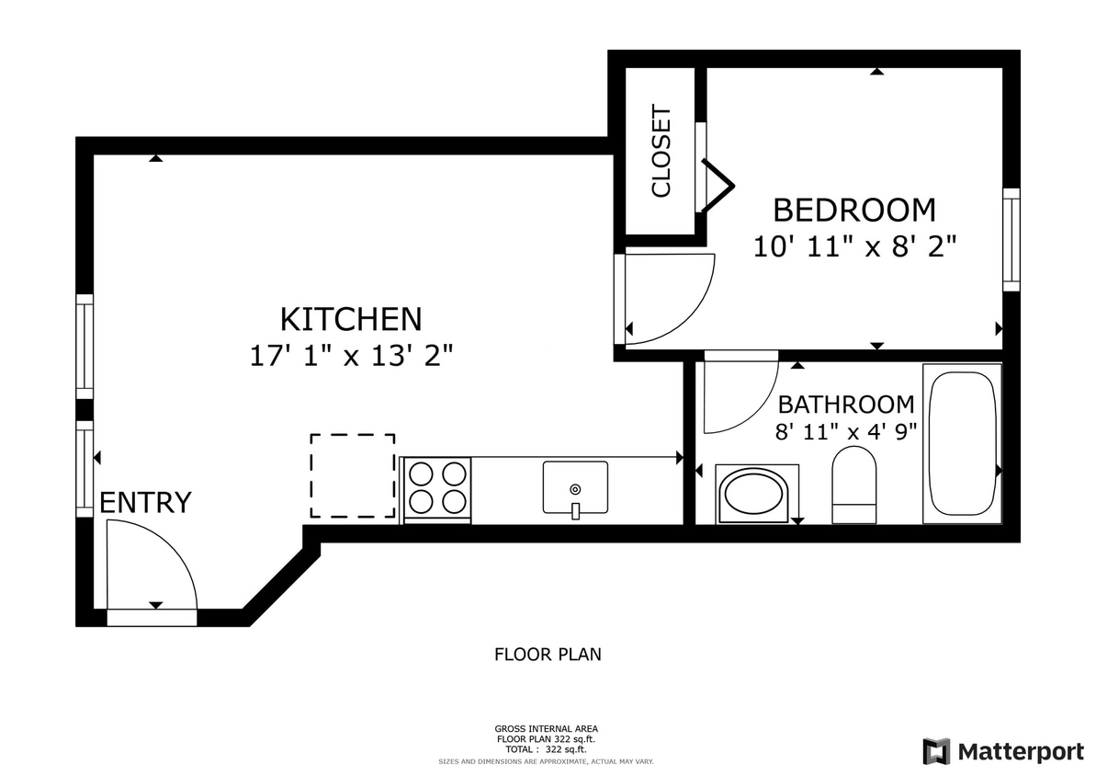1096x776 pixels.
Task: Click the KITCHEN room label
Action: click(x=351, y=319)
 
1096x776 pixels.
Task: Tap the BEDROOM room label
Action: click(x=853, y=211)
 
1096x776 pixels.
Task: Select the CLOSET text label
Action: click(x=661, y=152)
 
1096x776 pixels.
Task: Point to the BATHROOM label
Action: click(x=846, y=405)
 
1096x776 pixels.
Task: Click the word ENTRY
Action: click(x=145, y=503)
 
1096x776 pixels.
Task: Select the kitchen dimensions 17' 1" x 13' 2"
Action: click(x=351, y=356)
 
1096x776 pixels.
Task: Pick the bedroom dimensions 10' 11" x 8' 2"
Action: click(x=855, y=246)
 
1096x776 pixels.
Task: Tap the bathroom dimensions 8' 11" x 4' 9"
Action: click(x=846, y=432)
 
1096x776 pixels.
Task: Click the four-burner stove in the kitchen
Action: click(x=436, y=488)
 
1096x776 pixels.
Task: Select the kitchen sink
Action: click(x=575, y=488)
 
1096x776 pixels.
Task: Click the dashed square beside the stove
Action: click(x=353, y=475)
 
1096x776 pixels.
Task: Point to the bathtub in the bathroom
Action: click(x=961, y=444)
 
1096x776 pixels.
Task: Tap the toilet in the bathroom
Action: click(x=853, y=485)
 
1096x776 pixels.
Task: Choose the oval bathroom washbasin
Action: click(x=755, y=494)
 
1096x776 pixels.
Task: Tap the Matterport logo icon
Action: click(x=936, y=751)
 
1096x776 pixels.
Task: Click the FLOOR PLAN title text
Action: click(x=548, y=655)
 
